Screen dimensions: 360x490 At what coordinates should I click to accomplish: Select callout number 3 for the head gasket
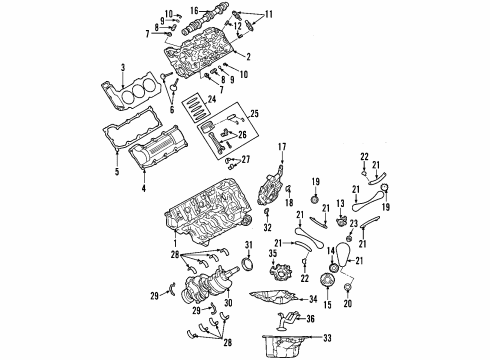[123, 67]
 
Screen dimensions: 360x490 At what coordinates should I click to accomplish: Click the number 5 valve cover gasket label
[116, 172]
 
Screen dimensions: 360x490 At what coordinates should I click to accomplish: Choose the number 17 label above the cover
[281, 147]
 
